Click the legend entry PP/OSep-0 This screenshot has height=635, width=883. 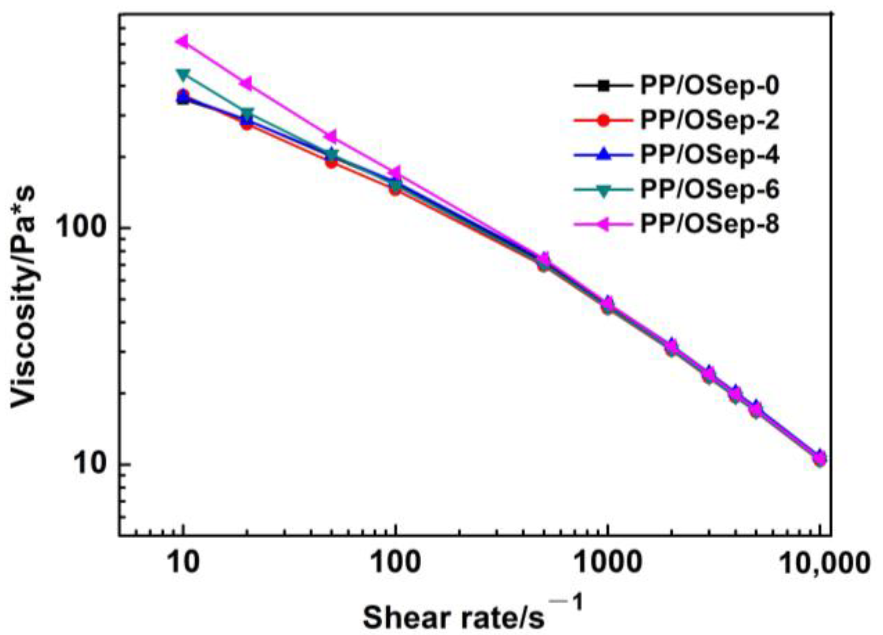[709, 86]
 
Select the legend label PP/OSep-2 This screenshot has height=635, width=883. [709, 120]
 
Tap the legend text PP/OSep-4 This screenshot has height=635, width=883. [709, 155]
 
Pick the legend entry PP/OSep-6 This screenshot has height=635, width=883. [709, 190]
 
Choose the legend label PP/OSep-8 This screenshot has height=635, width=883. [709, 224]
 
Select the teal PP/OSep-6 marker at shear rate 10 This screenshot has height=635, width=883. [184, 74]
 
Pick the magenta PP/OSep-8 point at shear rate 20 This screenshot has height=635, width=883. [246, 84]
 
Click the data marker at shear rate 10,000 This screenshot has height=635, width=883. [820, 458]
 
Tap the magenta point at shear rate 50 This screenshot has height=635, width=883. [331, 136]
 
